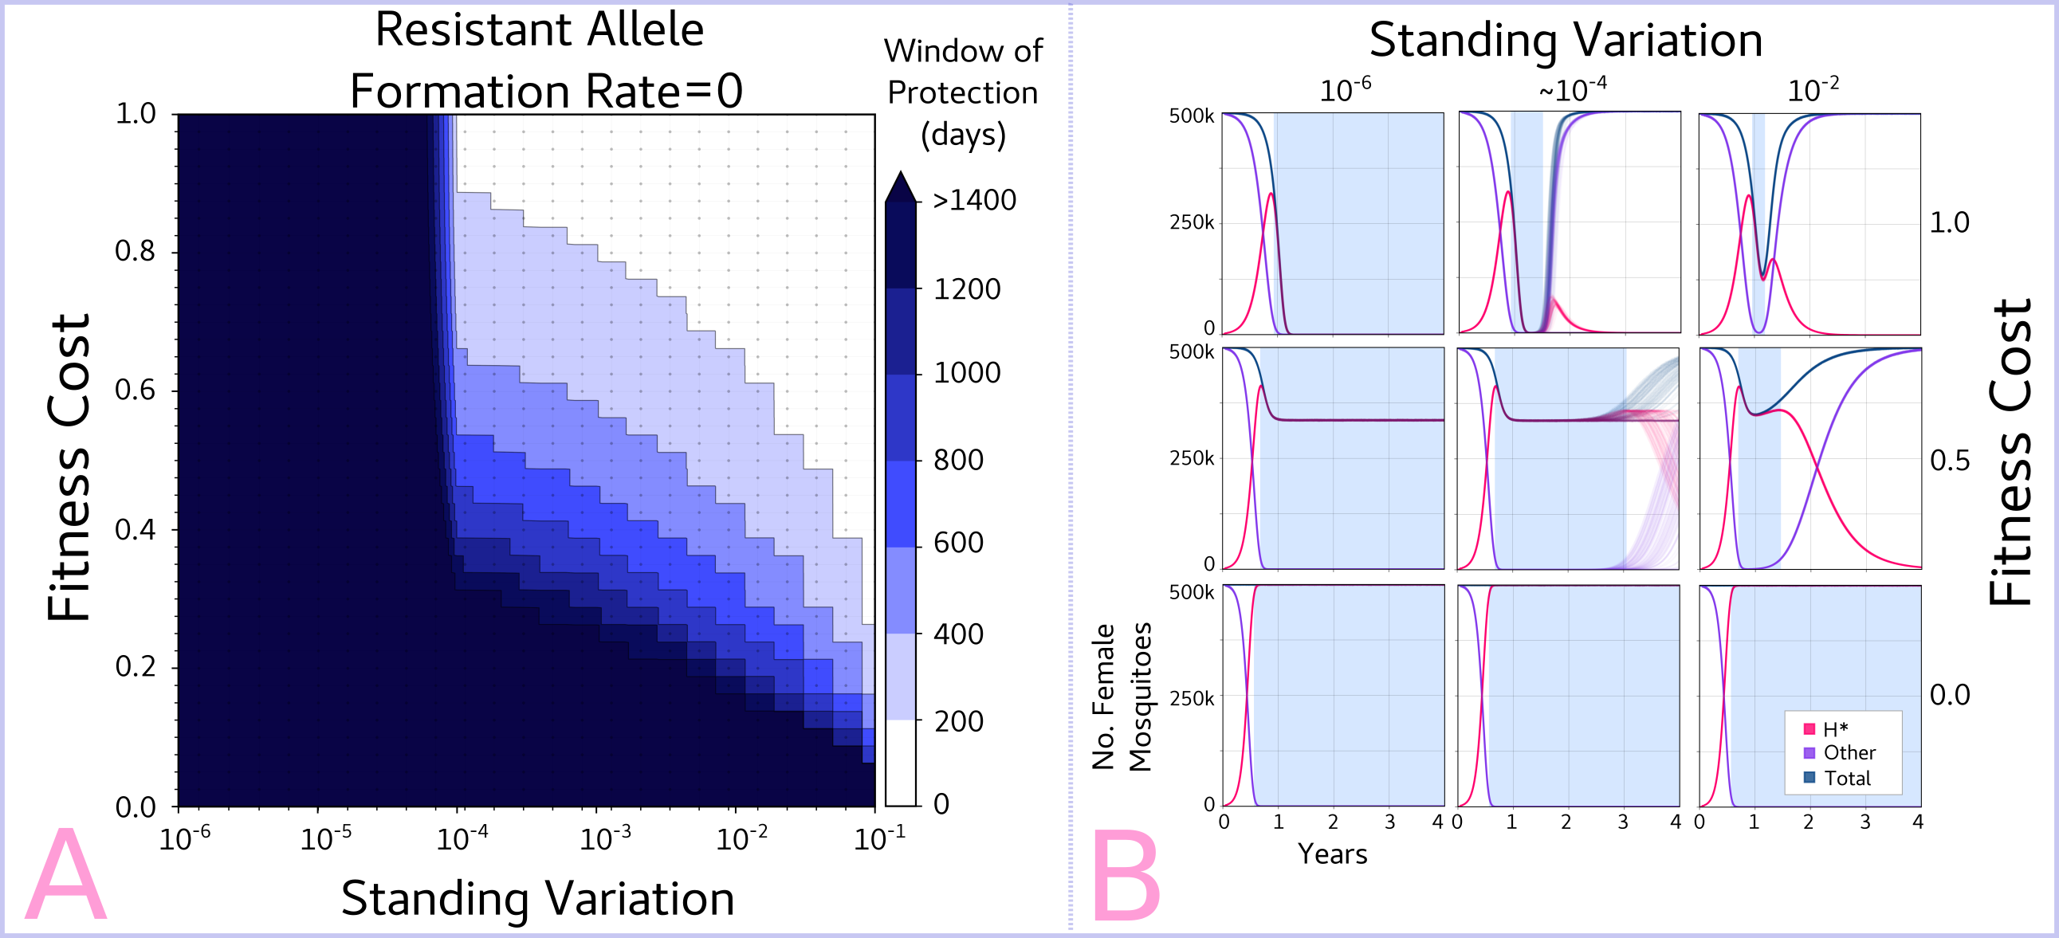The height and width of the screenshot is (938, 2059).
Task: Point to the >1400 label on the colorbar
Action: (x=974, y=200)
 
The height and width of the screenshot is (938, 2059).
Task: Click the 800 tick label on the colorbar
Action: (x=958, y=460)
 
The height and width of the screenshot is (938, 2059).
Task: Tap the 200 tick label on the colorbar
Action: (x=958, y=720)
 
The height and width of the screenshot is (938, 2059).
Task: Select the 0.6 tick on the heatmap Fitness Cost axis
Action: (x=136, y=390)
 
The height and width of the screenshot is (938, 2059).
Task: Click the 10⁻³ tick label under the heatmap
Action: (x=605, y=839)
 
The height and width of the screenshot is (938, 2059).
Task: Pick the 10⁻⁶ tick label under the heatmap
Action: (x=185, y=839)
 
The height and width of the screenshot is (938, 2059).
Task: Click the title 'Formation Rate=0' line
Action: (x=546, y=91)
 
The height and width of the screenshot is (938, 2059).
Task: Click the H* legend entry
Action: (x=1835, y=728)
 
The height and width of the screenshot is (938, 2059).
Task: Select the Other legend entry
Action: (x=1849, y=752)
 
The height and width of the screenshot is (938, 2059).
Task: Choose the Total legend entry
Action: (x=1847, y=778)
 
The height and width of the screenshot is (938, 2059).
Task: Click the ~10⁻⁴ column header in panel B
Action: (x=1572, y=89)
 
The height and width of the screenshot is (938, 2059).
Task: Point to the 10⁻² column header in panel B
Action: (x=1813, y=89)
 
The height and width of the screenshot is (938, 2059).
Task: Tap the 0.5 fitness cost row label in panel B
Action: (x=1950, y=461)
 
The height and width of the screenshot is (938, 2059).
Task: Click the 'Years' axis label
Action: (x=1332, y=854)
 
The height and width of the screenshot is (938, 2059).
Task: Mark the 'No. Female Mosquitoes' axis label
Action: (x=1122, y=697)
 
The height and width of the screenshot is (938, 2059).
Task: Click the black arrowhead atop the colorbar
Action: (x=901, y=187)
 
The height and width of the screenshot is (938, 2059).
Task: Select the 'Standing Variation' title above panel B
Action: (x=1565, y=40)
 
